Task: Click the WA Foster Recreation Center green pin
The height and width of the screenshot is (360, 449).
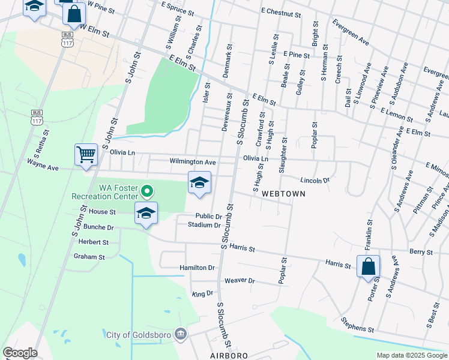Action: pos(147,192)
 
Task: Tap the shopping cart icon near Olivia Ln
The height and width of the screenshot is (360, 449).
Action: pos(86,154)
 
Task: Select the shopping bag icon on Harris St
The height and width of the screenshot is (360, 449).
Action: pos(368,266)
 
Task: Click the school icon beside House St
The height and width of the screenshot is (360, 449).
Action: pos(146,214)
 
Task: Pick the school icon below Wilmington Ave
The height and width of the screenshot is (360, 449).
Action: pos(199,183)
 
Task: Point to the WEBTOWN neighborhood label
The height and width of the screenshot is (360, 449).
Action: pos(283,194)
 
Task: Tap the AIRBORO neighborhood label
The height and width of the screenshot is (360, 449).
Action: pos(229,356)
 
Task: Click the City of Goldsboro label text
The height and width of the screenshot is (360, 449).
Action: pos(137,334)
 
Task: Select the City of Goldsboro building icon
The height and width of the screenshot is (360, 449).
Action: pos(179,334)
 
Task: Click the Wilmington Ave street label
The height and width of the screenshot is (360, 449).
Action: pos(192,162)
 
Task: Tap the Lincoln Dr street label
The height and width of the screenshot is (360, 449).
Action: pos(315,180)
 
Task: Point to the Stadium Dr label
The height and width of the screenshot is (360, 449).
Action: pos(204,225)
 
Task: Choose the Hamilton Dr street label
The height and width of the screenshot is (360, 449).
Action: pos(197,268)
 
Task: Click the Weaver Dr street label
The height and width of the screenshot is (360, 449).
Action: pos(240,281)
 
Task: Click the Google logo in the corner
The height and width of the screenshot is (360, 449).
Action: pos(19,353)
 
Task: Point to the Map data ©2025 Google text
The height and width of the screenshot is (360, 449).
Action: pos(411,356)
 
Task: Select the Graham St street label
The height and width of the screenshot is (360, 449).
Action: pos(89,257)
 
